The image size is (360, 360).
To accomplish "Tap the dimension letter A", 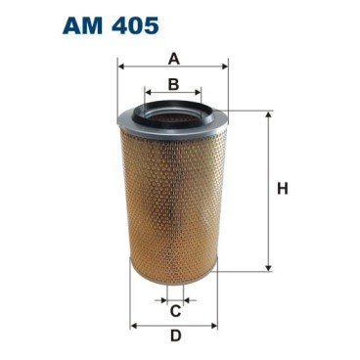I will click(172, 56).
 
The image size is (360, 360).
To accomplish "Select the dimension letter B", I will click(172, 84).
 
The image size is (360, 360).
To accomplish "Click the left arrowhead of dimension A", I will click(119, 67).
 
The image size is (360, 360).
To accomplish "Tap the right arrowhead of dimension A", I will click(225, 67).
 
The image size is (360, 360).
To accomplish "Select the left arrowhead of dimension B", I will click(147, 95).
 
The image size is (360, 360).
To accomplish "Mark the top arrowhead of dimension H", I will click(266, 113).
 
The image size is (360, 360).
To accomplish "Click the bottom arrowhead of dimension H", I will click(266, 267).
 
